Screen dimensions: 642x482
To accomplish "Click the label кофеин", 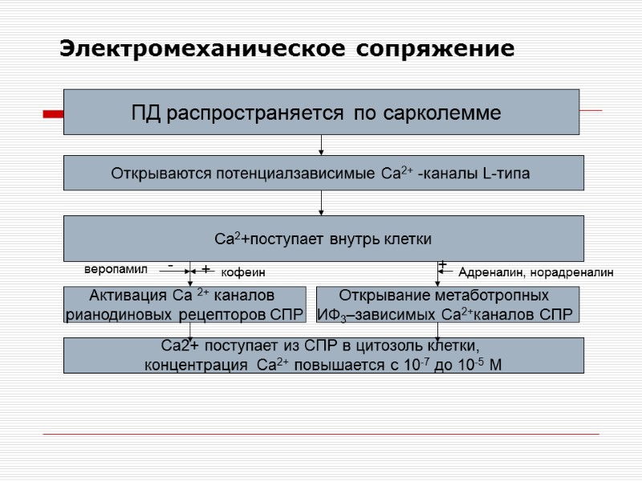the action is point(242,273).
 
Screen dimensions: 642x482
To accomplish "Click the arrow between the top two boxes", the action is point(322,145).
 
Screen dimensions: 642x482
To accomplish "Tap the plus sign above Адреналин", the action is point(442,263).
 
